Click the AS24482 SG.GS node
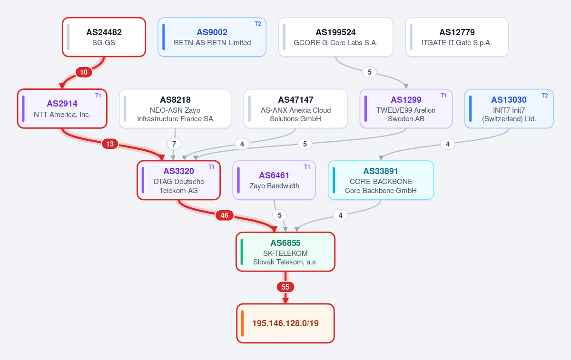pyautogui.click(x=104, y=37)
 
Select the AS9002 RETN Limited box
pyautogui.click(x=212, y=37)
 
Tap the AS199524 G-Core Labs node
pyautogui.click(x=335, y=37)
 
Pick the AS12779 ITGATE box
pyautogui.click(x=457, y=37)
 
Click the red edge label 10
pyautogui.click(x=84, y=72)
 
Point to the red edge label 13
pyautogui.click(x=110, y=144)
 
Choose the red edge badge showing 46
pyautogui.click(x=224, y=215)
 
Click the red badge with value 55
pyautogui.click(x=285, y=287)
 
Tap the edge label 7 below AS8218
pyautogui.click(x=174, y=144)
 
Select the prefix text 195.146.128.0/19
pyautogui.click(x=285, y=323)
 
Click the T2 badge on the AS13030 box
pyautogui.click(x=544, y=96)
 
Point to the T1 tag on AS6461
pyautogui.click(x=307, y=167)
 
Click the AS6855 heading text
pyautogui.click(x=285, y=243)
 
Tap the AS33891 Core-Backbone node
pyautogui.click(x=381, y=180)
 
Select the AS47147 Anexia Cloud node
pyautogui.click(x=295, y=108)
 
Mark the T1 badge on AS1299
pyautogui.click(x=443, y=96)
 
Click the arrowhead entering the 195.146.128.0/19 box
pyautogui.click(x=285, y=301)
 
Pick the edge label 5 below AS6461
pyautogui.click(x=280, y=215)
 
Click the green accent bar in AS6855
pyautogui.click(x=242, y=252)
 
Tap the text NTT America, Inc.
pyautogui.click(x=62, y=115)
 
